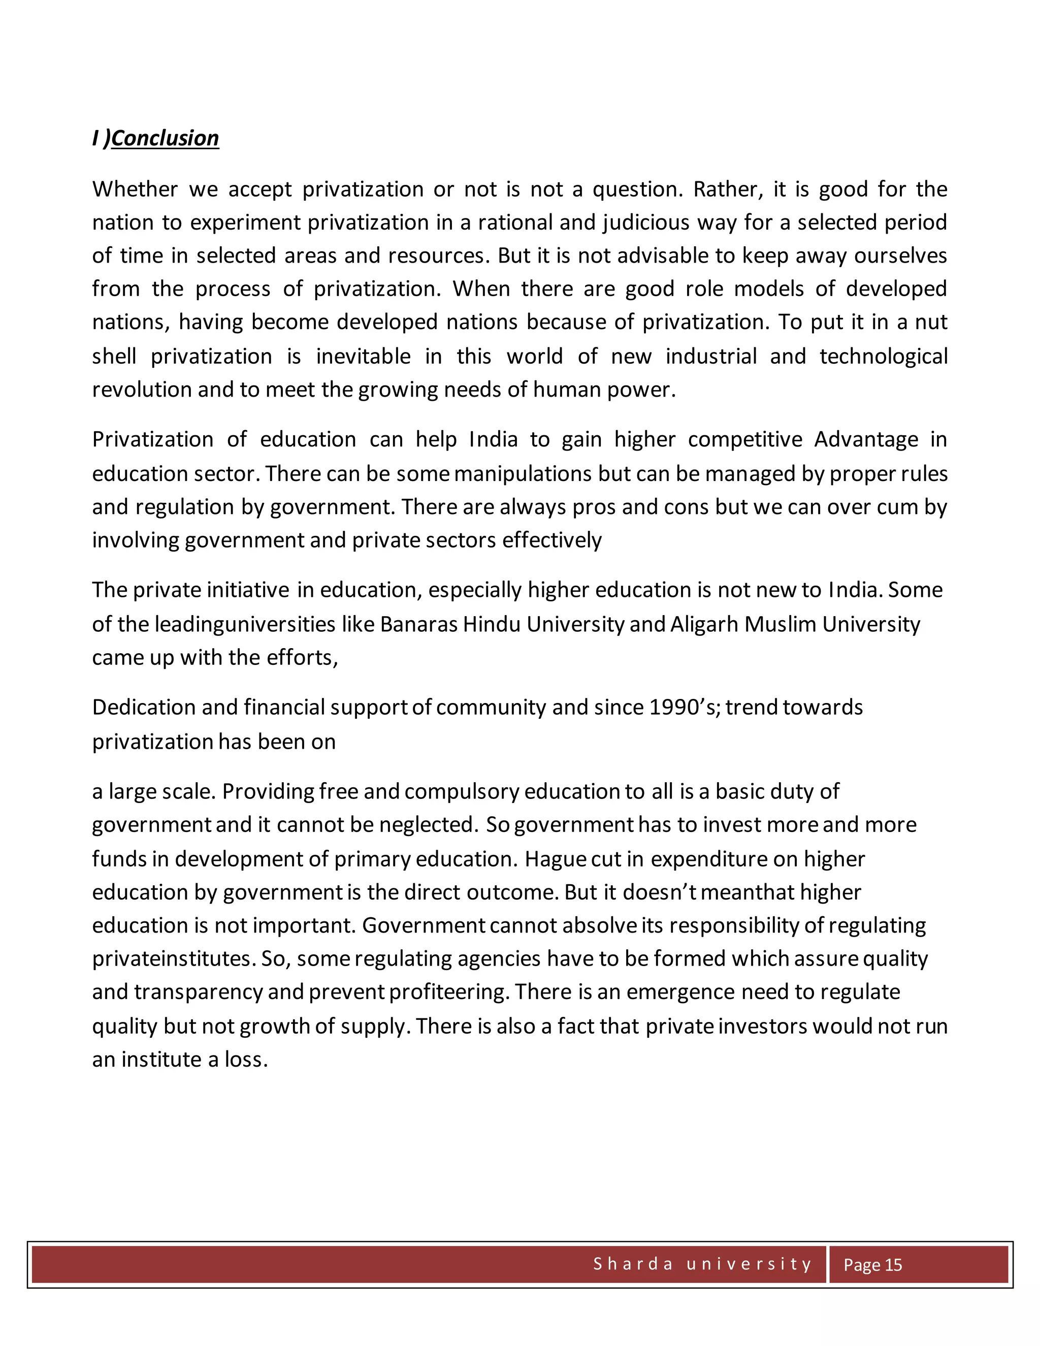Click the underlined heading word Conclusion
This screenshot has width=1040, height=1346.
coord(165,138)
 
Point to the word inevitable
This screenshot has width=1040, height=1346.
coord(363,356)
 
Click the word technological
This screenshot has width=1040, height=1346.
coord(883,356)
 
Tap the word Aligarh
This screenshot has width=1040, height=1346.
coord(704,624)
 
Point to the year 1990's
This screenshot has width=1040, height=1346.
coord(684,708)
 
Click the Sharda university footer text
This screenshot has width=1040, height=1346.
coord(702,1264)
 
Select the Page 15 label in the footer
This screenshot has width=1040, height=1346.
coord(872,1265)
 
